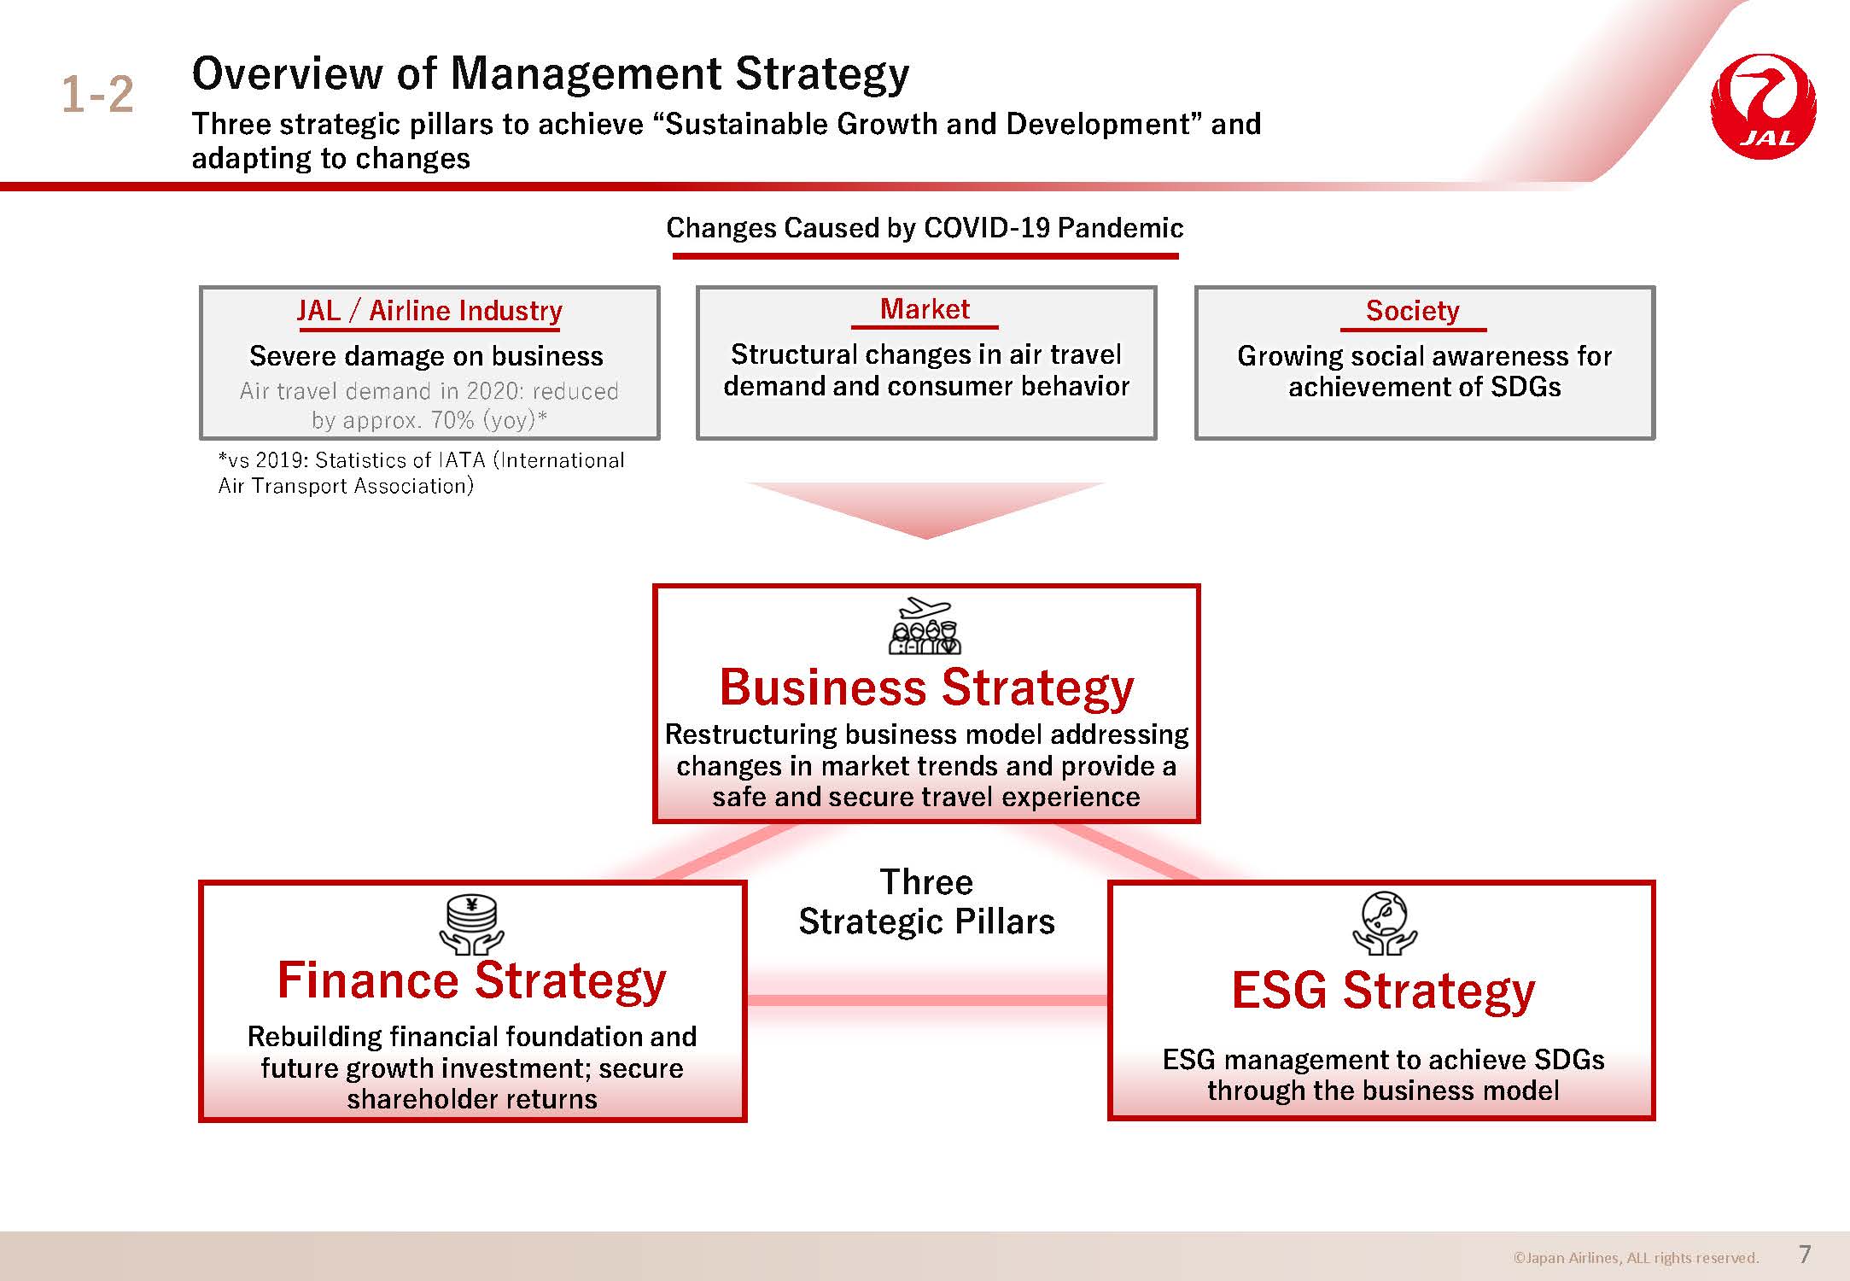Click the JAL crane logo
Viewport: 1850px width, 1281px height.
click(x=1763, y=107)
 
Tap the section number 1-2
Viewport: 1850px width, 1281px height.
click(x=97, y=94)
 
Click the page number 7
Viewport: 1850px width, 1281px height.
click(x=1805, y=1254)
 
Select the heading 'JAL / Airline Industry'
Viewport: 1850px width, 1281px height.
click(x=429, y=310)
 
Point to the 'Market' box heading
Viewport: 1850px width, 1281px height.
click(x=925, y=308)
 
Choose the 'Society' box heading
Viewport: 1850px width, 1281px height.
click(x=1412, y=310)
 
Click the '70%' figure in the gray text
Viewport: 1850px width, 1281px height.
click(x=452, y=420)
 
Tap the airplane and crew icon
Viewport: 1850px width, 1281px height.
click(x=925, y=625)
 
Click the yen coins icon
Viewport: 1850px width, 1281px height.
click(x=472, y=925)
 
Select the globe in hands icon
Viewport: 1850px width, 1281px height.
click(x=1385, y=923)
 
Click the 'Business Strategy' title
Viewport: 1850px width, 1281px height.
click(x=926, y=687)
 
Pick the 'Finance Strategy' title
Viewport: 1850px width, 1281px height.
click(x=471, y=980)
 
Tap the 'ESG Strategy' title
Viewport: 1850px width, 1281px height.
click(x=1383, y=991)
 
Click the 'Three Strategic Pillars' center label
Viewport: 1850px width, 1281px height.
click(x=926, y=902)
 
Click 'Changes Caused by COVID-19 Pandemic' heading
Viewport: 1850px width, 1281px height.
click(x=925, y=228)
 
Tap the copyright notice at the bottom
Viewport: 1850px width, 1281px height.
click(x=1636, y=1258)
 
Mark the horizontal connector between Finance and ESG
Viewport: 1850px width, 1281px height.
click(x=927, y=1000)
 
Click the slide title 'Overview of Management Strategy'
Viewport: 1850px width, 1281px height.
click(x=551, y=73)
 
